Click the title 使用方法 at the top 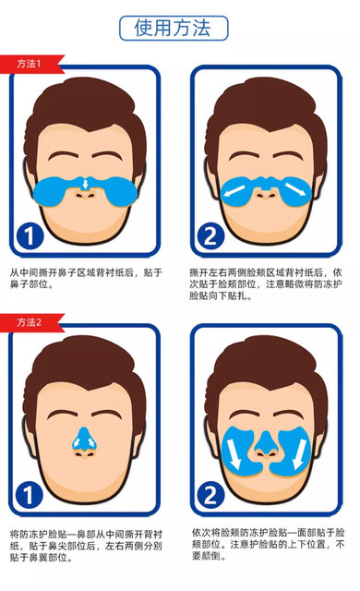[x=174, y=28]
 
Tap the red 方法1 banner [x=30, y=64]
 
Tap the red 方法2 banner [x=30, y=322]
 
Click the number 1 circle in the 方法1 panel [x=30, y=235]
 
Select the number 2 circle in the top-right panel [x=210, y=235]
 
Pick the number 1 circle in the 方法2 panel [x=30, y=494]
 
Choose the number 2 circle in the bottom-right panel [x=210, y=494]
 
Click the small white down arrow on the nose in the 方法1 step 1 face [x=86, y=184]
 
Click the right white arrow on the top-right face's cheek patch [x=294, y=188]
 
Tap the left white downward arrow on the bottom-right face [x=234, y=453]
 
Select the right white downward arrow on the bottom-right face [x=300, y=453]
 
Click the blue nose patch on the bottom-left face [x=84, y=438]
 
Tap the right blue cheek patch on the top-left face [x=119, y=192]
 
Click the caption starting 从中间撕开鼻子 [x=86, y=278]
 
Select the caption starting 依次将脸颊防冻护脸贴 [x=268, y=544]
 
